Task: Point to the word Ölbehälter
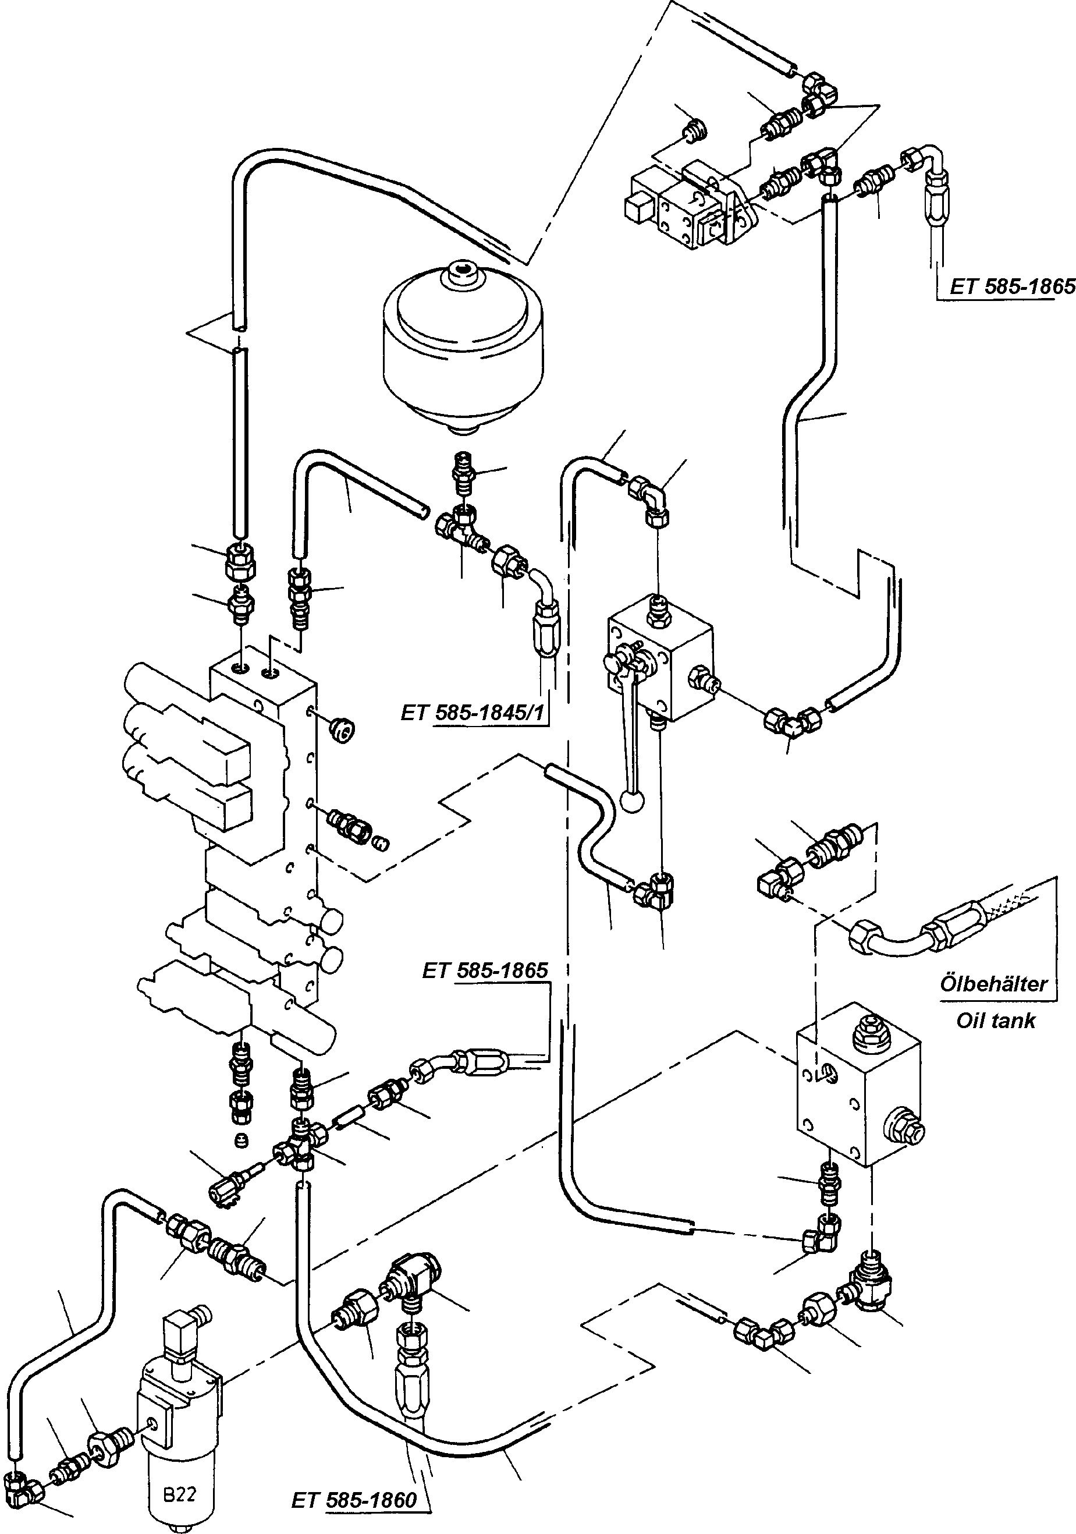[x=994, y=983]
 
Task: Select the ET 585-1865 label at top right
[x=1013, y=286]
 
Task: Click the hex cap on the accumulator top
[x=462, y=271]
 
